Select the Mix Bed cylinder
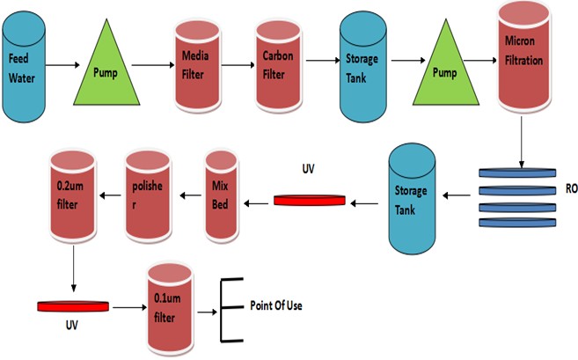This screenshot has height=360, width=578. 221,195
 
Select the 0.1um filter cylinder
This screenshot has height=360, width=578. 171,303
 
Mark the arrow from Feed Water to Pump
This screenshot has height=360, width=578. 62,65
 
